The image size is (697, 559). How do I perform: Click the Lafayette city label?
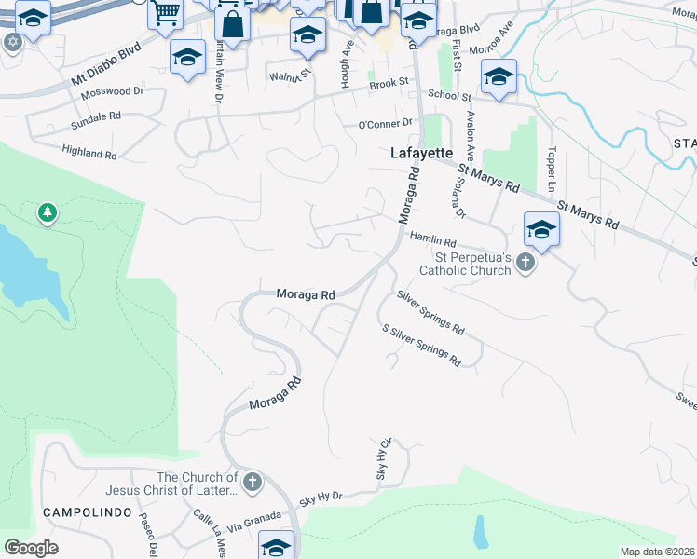coord(420,153)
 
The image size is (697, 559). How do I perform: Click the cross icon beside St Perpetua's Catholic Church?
coord(526,263)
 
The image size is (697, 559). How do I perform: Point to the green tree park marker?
coord(47,214)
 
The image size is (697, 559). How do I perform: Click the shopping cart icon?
coord(165,12)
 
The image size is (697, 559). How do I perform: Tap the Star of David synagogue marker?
coord(12,42)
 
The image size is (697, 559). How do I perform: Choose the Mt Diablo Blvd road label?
coord(105,62)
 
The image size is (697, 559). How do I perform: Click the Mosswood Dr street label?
coord(112,92)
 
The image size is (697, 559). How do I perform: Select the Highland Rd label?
coord(89,150)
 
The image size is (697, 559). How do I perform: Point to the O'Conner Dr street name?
coord(385,123)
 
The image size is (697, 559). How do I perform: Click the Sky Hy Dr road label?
coord(321,499)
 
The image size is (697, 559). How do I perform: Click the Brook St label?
coord(389,83)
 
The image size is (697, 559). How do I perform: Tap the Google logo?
coord(31,548)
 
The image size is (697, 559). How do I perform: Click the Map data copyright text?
coord(658,552)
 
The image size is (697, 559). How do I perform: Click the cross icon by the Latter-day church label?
coord(253,482)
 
